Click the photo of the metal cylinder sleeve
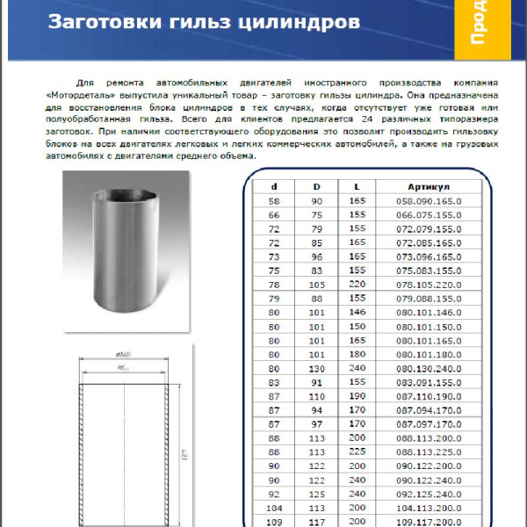[x=126, y=249]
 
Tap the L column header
[x=357, y=186]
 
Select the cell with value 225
[x=357, y=454]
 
